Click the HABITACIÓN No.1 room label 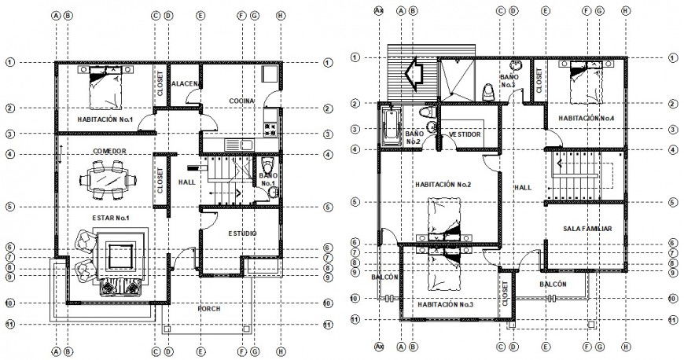point(105,119)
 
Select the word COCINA point(241,101)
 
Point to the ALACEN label point(184,83)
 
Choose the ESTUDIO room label point(241,233)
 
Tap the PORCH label point(209,309)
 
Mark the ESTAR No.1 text point(110,218)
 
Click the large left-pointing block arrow point(413,75)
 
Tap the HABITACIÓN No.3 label point(445,304)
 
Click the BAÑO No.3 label point(508,80)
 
